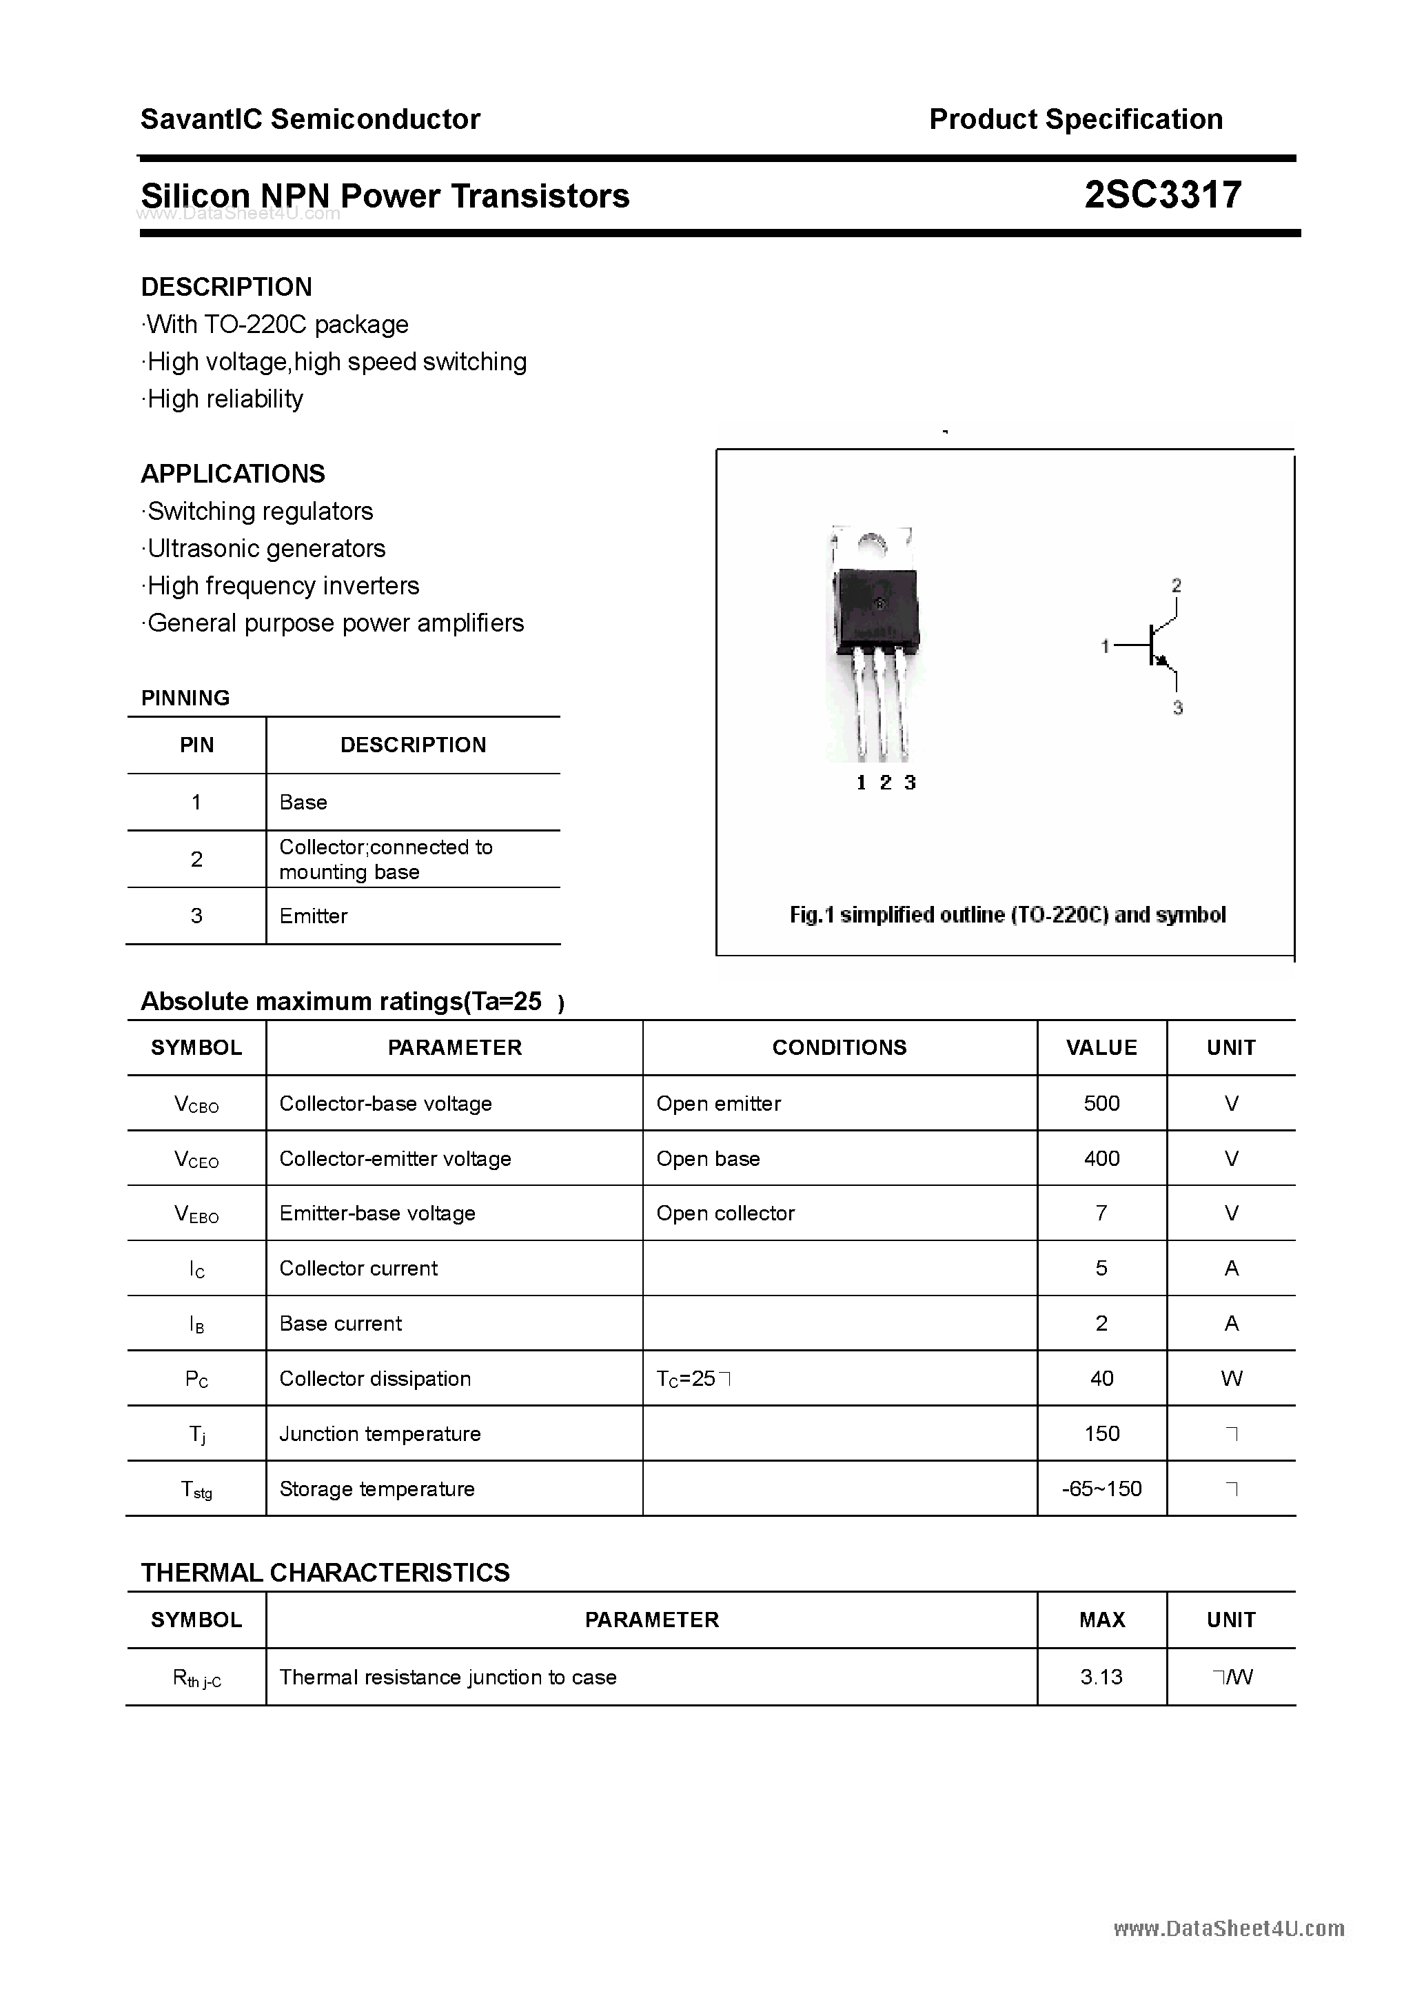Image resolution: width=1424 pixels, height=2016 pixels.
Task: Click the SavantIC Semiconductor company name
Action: [310, 119]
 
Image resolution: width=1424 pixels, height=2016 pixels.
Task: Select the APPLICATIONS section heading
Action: [233, 474]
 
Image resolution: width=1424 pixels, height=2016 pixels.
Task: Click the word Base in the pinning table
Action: [303, 803]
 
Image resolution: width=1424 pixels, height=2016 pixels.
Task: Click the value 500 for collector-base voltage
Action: [1101, 1104]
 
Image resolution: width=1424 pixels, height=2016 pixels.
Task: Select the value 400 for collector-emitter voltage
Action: [1101, 1159]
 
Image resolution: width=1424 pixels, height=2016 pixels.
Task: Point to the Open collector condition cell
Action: [725, 1213]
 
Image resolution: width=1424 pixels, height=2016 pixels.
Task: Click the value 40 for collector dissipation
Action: [1101, 1378]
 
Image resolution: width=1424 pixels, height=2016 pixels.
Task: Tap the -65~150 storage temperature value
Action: [1101, 1489]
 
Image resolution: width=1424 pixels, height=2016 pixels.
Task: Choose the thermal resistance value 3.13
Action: [1101, 1677]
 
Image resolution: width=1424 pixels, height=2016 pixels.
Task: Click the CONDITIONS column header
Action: [840, 1047]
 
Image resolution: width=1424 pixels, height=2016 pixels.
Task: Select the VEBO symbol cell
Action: [196, 1214]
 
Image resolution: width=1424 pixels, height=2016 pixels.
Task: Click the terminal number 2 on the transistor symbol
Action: [1177, 585]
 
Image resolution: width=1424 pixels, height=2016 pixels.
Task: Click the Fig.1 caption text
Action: [1007, 915]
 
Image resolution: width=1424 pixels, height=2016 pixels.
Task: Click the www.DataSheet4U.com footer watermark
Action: [1228, 1929]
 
